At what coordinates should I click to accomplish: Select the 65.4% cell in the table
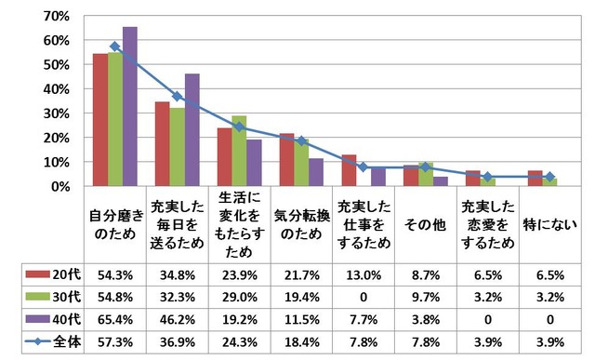(x=114, y=320)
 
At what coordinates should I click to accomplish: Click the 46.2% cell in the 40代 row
(x=177, y=320)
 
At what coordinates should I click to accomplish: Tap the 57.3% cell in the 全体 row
(x=114, y=342)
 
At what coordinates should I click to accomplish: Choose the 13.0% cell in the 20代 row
(x=364, y=275)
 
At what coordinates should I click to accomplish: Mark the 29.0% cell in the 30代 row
(x=239, y=298)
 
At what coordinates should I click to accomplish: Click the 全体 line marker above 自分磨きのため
(x=115, y=47)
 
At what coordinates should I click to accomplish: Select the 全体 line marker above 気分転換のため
(x=301, y=141)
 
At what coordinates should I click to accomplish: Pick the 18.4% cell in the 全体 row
(x=301, y=342)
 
